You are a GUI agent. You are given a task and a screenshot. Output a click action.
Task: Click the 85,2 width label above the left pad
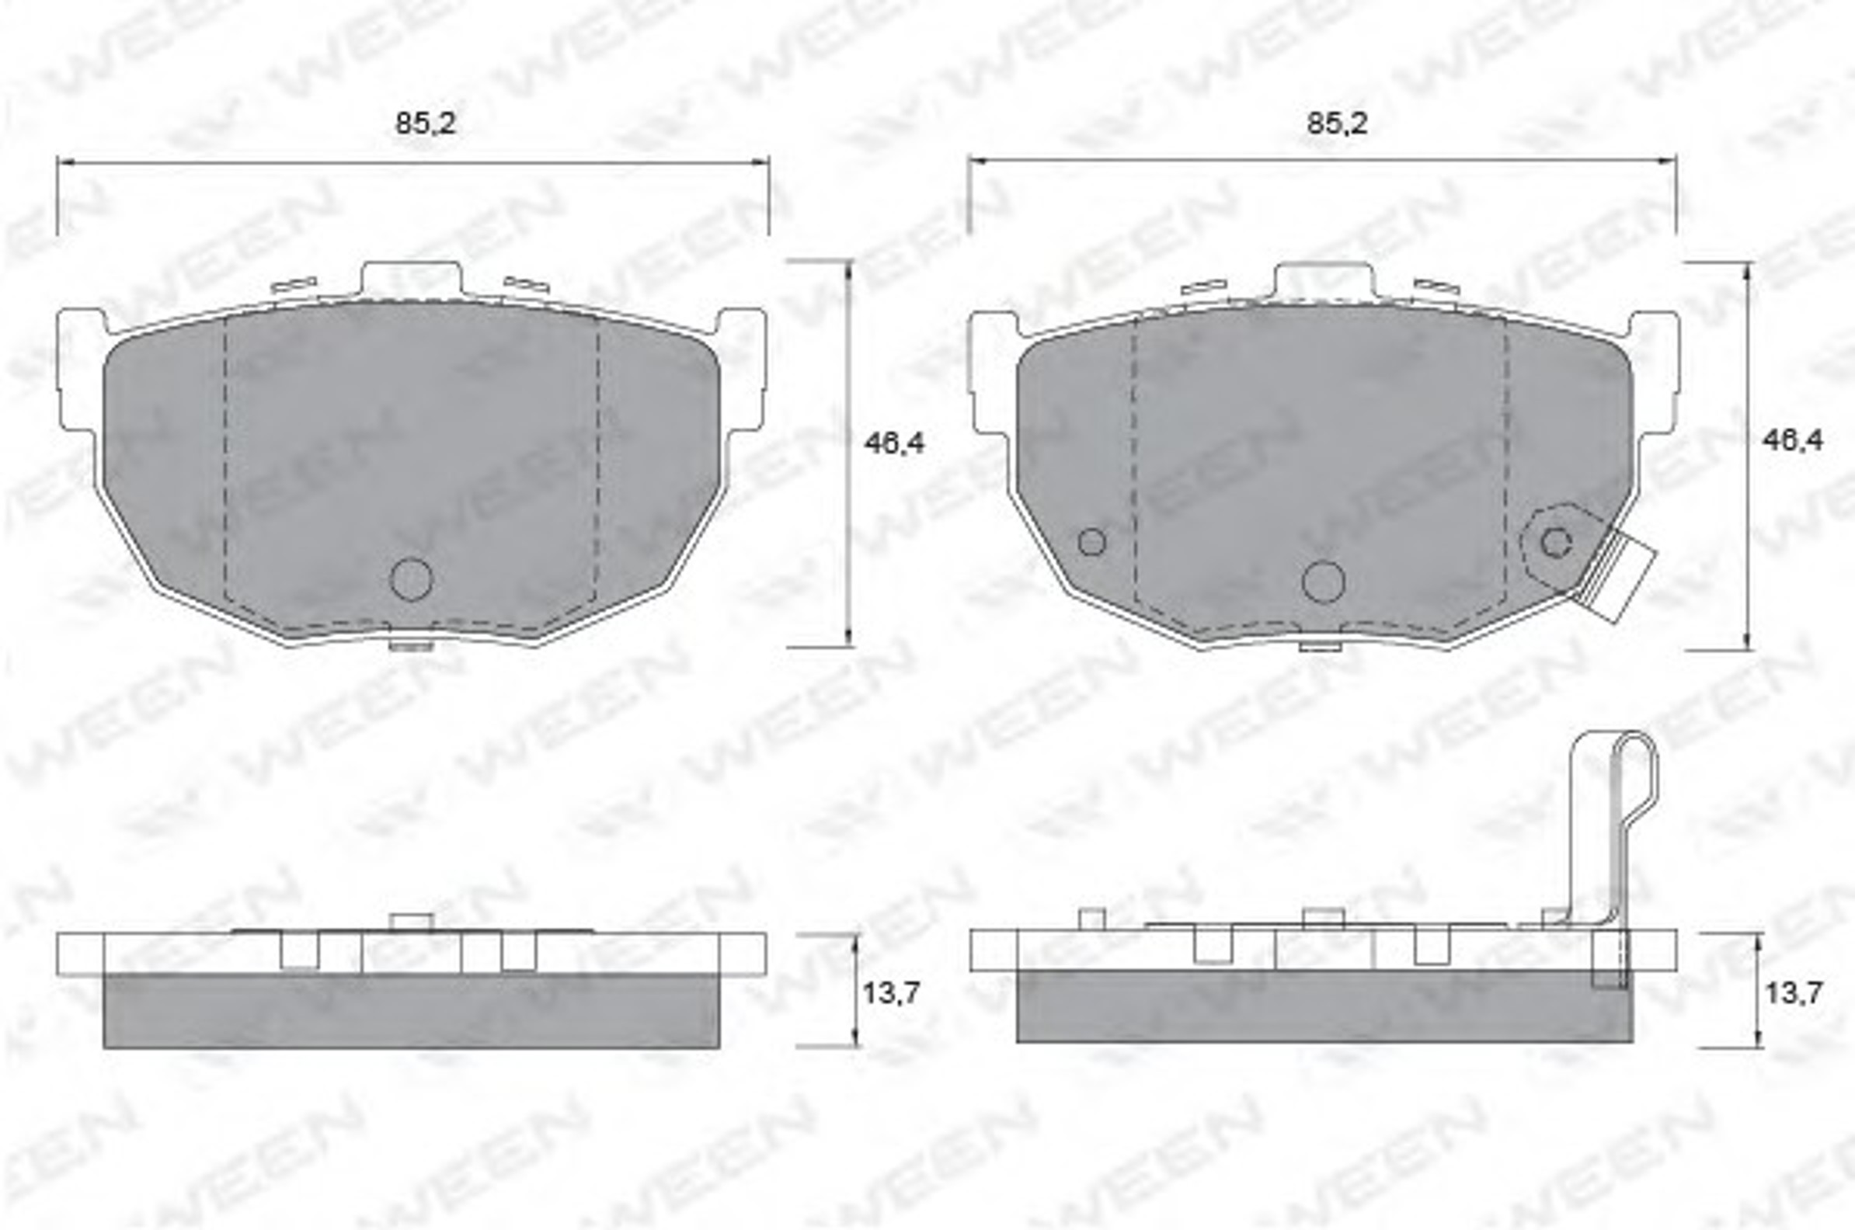coord(424,124)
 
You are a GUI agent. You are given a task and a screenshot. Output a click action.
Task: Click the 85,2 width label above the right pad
coord(1336,124)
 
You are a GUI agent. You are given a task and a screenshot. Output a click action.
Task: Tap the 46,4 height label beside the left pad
coord(895,444)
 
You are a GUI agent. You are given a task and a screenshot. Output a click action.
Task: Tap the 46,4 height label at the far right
coord(1793,441)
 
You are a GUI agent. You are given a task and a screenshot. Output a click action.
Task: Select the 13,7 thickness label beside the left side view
coord(891,994)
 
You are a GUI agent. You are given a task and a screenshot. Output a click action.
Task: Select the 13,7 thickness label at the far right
coord(1794,994)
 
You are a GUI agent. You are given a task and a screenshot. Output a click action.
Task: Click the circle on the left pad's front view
coord(411,580)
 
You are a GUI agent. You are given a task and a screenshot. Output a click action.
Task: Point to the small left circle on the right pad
coord(1091,541)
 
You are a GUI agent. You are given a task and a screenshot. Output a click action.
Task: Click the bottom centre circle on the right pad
coord(1323,582)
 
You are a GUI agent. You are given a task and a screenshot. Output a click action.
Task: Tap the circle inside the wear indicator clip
coord(1556,542)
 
